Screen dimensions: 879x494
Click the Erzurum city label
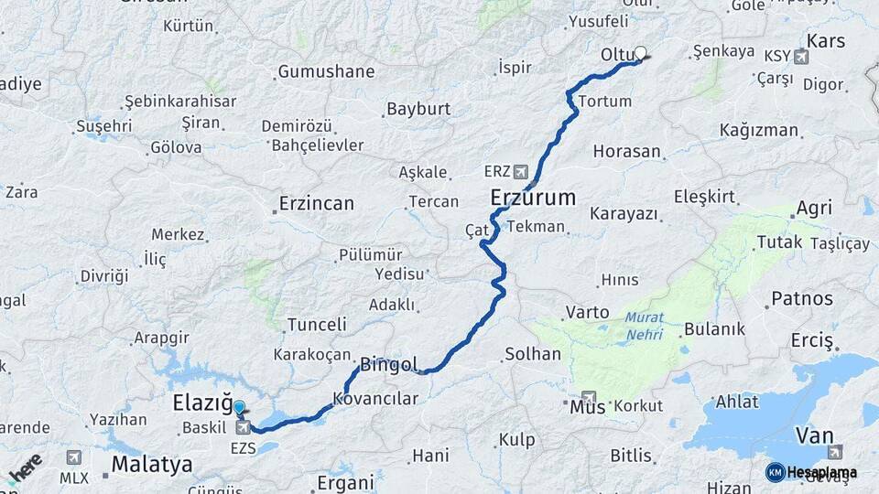(533, 197)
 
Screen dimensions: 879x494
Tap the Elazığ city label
(201, 403)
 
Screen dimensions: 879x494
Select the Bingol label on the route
(389, 364)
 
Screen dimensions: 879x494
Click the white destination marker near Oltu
(641, 53)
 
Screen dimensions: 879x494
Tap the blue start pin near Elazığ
(240, 409)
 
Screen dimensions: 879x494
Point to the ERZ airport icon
(521, 171)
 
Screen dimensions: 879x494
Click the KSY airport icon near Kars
(802, 57)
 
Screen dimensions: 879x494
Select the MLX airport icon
(73, 456)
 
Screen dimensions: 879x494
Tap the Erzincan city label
(316, 203)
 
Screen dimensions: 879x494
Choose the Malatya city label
(152, 464)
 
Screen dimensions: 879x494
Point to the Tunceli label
(317, 324)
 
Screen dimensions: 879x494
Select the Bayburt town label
(418, 108)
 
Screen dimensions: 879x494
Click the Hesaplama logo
(811, 472)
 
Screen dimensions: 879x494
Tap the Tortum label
(605, 101)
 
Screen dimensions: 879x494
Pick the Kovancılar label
(375, 399)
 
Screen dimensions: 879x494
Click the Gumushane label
(326, 71)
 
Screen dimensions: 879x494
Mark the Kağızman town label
(759, 130)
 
